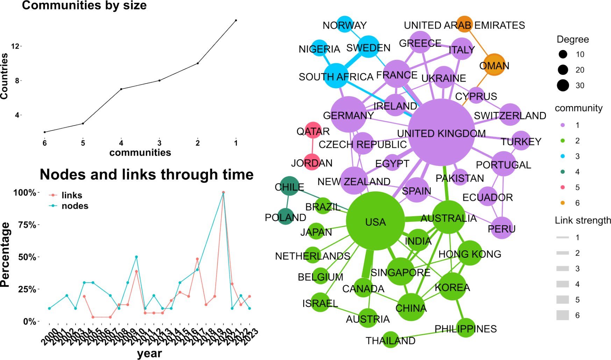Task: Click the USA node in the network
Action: [375, 221]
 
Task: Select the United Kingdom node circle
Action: [441, 132]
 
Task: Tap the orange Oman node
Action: [494, 65]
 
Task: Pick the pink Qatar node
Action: [313, 130]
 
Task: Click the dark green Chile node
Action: [290, 186]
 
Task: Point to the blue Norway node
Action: [345, 24]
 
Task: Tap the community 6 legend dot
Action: [562, 203]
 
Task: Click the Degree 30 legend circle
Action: [563, 85]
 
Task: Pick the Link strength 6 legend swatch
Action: [562, 315]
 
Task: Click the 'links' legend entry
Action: [72, 195]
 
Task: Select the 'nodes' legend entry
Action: [74, 206]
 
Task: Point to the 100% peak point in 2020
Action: [223, 192]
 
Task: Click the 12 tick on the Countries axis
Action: [15, 46]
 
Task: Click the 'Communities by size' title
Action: [84, 5]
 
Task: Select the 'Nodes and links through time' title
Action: [147, 174]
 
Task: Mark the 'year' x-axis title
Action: [149, 353]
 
